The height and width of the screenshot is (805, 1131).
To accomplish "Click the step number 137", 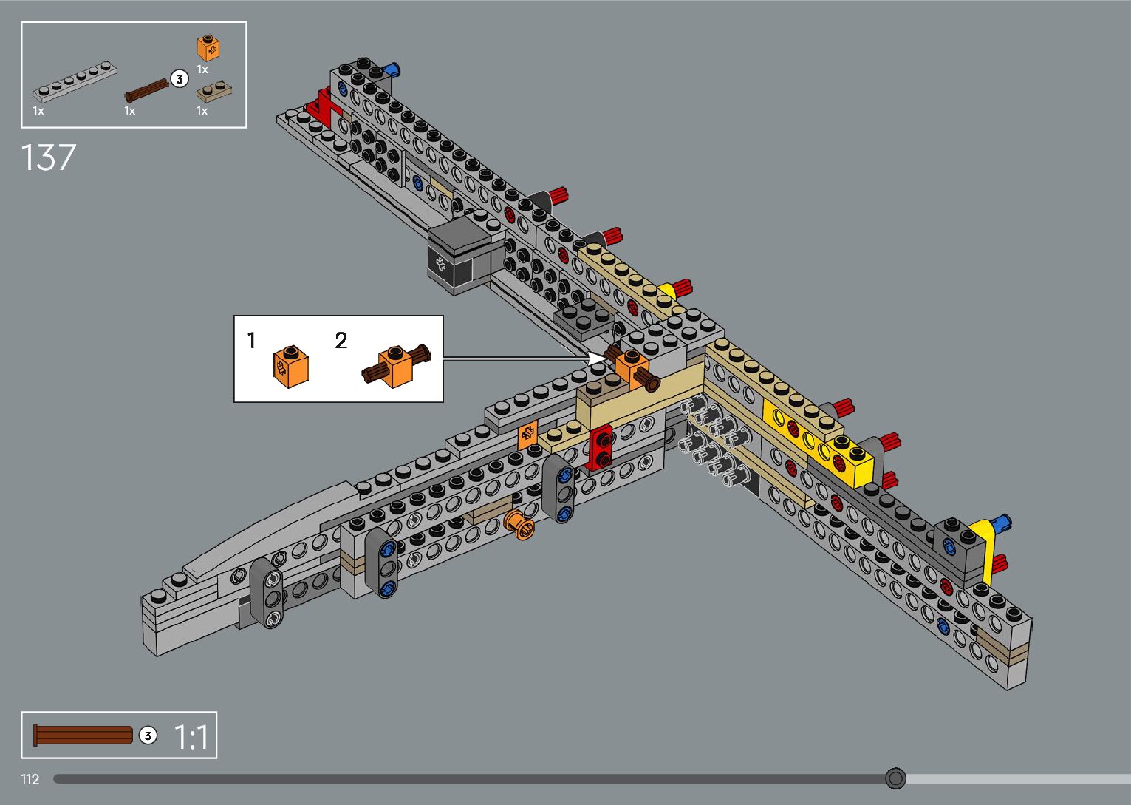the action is (x=48, y=157).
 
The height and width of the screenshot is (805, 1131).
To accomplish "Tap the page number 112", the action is (x=30, y=779).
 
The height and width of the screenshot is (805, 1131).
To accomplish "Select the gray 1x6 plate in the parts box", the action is (x=75, y=83).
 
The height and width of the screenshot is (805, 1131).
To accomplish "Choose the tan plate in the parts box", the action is (x=214, y=92).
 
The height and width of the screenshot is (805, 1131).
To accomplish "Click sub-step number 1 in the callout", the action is (x=251, y=341).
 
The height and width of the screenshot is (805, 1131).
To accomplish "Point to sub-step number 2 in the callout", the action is (x=341, y=341).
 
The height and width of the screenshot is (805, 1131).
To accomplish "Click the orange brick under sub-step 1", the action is (x=290, y=365).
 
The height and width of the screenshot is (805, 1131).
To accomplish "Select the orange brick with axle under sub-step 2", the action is (x=396, y=366).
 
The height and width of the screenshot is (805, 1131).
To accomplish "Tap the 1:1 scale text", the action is (x=191, y=737).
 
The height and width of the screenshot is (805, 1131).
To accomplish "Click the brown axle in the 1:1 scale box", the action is (x=83, y=736).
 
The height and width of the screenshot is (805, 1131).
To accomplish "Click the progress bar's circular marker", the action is (x=895, y=778).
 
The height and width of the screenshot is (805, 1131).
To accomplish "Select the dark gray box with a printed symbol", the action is (x=459, y=255).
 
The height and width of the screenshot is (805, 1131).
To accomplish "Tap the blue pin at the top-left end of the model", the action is (x=394, y=69).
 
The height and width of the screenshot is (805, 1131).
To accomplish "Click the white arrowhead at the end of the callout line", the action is (x=597, y=359).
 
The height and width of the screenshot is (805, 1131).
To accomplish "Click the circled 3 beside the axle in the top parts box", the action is (x=179, y=78).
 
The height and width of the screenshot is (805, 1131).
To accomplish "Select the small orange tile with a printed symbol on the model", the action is (x=527, y=435).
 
